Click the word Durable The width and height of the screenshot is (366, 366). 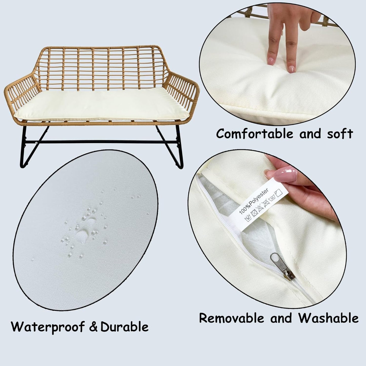click(x=124, y=327)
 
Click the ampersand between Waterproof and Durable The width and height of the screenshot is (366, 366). click(x=93, y=327)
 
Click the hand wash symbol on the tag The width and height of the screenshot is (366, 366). click(x=248, y=219)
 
